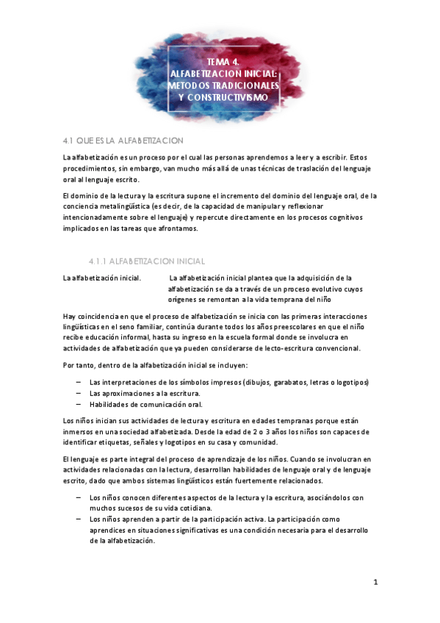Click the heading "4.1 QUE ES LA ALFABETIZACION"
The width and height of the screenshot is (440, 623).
click(x=123, y=140)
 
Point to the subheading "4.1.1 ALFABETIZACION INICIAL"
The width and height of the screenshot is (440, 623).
click(x=146, y=261)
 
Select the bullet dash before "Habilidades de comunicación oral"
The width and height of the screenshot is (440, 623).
click(x=79, y=405)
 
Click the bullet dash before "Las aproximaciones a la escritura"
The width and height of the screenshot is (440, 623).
click(x=79, y=394)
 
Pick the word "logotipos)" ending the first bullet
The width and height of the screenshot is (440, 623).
click(x=351, y=383)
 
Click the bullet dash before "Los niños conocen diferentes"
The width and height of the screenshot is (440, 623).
click(x=79, y=497)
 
